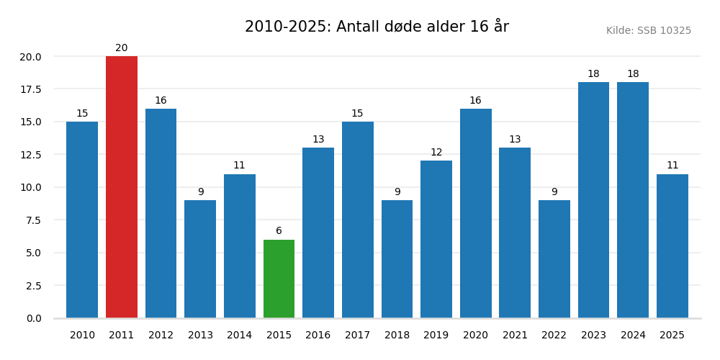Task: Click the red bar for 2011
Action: pos(122,187)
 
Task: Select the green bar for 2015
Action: pos(279,279)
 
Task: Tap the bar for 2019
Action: pos(436,239)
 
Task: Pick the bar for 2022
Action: pos(554,259)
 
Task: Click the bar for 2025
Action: pos(672,246)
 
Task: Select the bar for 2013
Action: pos(200,259)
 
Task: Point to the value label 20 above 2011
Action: pos(122,48)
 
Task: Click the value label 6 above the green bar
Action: pos(279,231)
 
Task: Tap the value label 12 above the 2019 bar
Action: pos(436,153)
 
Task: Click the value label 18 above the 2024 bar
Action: pos(633,74)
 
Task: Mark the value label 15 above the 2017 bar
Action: pos(357,114)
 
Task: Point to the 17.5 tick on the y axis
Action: pos(30,89)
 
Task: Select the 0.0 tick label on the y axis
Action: pos(33,318)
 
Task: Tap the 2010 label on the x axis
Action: pos(82,336)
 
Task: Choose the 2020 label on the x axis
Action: pos(475,336)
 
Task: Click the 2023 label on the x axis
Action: pos(593,336)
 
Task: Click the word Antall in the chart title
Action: pos(359,27)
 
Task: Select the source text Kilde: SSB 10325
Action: pos(648,31)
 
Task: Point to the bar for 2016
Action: pos(318,233)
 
